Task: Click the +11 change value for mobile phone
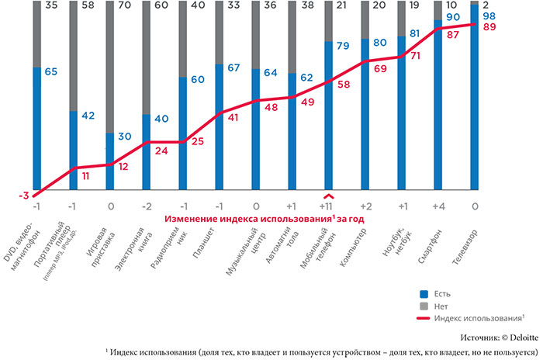click(x=330, y=208)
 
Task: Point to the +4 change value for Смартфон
click(x=439, y=208)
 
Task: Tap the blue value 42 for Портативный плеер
click(x=88, y=116)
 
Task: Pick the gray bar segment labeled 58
click(x=73, y=54)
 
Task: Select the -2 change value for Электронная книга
click(x=146, y=208)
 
